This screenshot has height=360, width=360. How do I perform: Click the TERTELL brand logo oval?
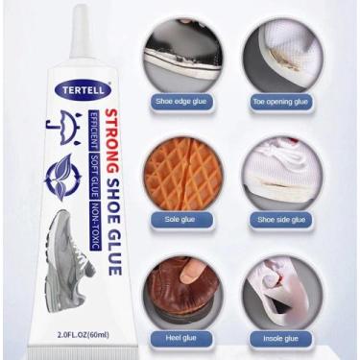pos(84,90)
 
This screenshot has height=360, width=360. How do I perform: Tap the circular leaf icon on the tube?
pos(63,175)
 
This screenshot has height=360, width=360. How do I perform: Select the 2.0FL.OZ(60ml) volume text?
pos(84,335)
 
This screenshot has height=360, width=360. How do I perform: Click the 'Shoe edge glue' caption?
pos(180,102)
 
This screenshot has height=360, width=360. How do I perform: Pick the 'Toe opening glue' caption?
pos(280,102)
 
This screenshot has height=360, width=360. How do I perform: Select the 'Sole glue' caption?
pos(180,220)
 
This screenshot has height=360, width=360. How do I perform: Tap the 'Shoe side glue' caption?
pos(281,220)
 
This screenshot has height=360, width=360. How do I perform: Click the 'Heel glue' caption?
pos(181,338)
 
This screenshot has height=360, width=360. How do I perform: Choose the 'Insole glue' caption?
pos(280,339)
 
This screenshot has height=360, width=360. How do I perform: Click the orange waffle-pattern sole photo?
pos(182,175)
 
